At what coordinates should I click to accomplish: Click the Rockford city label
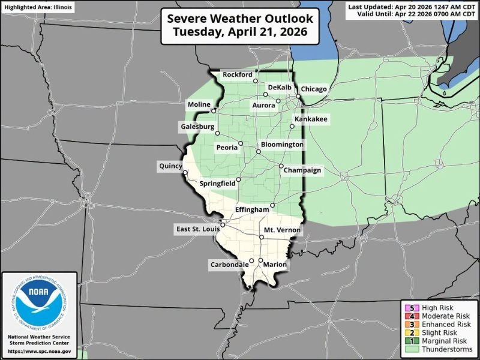237,74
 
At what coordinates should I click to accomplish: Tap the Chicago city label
314,89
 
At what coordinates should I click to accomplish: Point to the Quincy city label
170,166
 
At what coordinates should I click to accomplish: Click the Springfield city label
217,183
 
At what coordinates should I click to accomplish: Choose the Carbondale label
229,265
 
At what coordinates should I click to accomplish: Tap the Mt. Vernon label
282,230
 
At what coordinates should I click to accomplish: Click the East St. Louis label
197,229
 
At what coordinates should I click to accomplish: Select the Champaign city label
303,170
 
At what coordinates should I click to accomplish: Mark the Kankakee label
310,120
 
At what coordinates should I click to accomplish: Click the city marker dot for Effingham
272,205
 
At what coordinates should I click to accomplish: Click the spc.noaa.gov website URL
39,350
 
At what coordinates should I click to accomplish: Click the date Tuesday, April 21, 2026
239,32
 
